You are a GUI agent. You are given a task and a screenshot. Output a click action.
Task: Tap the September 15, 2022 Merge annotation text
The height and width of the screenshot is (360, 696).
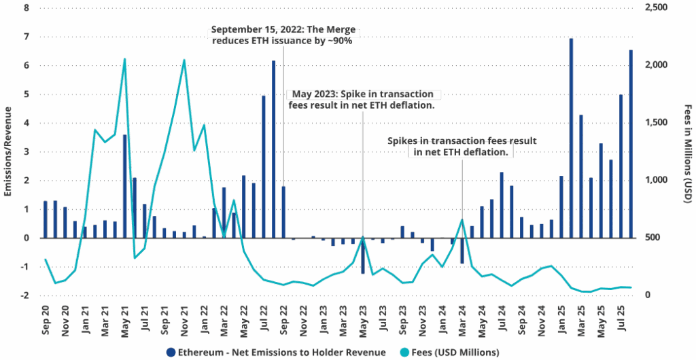283,35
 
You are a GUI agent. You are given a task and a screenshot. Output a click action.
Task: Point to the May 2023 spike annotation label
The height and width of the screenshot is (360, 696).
364,99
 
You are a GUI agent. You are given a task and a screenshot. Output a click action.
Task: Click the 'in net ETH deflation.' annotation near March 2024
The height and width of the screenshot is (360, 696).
462,153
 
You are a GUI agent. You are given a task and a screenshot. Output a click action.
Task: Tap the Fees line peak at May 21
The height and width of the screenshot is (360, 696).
125,59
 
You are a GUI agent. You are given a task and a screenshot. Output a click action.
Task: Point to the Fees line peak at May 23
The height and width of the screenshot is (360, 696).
363,237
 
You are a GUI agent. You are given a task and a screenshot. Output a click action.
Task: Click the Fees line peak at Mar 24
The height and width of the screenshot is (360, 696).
462,219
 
